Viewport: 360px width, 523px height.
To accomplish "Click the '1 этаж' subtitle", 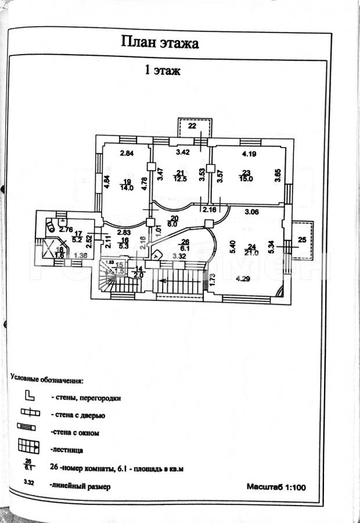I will click(162, 71).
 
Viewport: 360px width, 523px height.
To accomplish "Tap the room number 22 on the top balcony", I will click(192, 126).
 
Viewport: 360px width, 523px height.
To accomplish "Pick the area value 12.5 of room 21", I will click(181, 179).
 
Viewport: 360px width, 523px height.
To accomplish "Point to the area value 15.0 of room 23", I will click(246, 179).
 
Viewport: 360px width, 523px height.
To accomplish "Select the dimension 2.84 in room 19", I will click(127, 154).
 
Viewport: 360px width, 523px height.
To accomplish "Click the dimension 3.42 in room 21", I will click(183, 153).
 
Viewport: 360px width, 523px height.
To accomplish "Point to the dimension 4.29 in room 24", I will click(244, 278).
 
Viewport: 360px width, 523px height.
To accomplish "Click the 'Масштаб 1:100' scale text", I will click(276, 487).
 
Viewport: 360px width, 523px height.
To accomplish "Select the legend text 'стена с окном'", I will click(75, 432).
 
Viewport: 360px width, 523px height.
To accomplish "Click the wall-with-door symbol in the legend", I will click(28, 414).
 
